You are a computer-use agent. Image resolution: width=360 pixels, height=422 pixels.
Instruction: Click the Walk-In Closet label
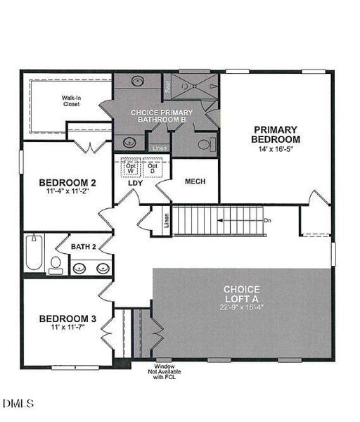70,100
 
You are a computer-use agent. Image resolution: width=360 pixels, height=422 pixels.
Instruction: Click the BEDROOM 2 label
67,182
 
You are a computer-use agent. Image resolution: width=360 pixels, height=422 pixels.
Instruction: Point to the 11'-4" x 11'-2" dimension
67,191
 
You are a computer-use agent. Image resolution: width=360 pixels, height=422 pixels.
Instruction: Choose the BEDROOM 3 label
67,317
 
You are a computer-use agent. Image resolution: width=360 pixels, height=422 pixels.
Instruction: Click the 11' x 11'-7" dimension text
67,327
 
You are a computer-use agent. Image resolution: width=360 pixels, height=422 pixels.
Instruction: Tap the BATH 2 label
84,247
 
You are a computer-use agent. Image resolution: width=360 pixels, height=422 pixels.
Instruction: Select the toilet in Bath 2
54,264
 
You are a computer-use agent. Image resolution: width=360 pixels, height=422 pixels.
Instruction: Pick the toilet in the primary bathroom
203,145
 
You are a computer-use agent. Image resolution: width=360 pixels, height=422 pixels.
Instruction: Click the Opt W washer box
130,168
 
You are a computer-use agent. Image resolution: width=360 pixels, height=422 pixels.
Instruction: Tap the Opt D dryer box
151,168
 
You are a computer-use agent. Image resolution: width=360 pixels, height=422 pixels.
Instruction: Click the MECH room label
195,181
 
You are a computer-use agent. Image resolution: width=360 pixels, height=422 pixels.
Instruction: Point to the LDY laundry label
136,184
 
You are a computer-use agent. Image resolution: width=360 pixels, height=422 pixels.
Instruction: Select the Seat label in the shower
168,88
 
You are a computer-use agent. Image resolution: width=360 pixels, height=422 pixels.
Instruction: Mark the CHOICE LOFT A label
242,293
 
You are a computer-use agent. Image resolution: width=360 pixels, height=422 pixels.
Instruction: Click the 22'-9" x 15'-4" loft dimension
242,307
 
